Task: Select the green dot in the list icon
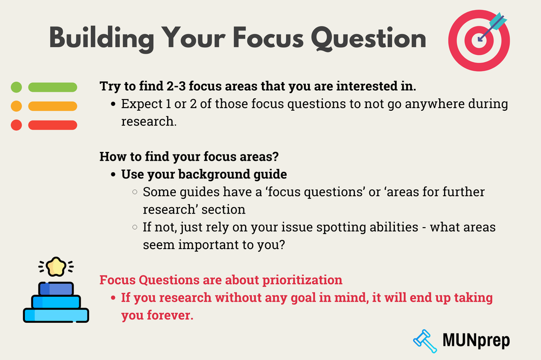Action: pyautogui.click(x=16, y=87)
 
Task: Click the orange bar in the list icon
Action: pyautogui.click(x=52, y=106)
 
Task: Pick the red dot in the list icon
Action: pyautogui.click(x=16, y=125)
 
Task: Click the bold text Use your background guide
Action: pyautogui.click(x=204, y=174)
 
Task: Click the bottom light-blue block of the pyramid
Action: pyautogui.click(x=56, y=314)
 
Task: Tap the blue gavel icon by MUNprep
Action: pyautogui.click(x=425, y=339)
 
